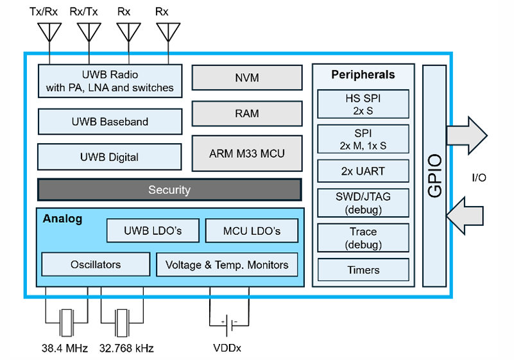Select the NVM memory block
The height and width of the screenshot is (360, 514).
[x=247, y=78]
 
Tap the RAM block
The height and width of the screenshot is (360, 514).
[x=247, y=114]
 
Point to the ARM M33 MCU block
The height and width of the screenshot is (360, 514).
[x=247, y=153]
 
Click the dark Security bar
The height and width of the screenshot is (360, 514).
[x=169, y=190]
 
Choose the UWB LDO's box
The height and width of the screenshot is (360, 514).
[x=153, y=231]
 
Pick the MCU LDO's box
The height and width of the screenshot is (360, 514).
[x=252, y=231]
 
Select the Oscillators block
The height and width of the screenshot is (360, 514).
[x=96, y=264]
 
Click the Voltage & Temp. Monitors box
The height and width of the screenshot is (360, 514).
[x=227, y=264]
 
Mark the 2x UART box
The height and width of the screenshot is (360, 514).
[x=363, y=171]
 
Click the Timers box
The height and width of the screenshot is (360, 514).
[x=363, y=270]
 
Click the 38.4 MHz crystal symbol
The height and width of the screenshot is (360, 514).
[x=65, y=322]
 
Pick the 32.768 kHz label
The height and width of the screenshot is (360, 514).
[x=126, y=348]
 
